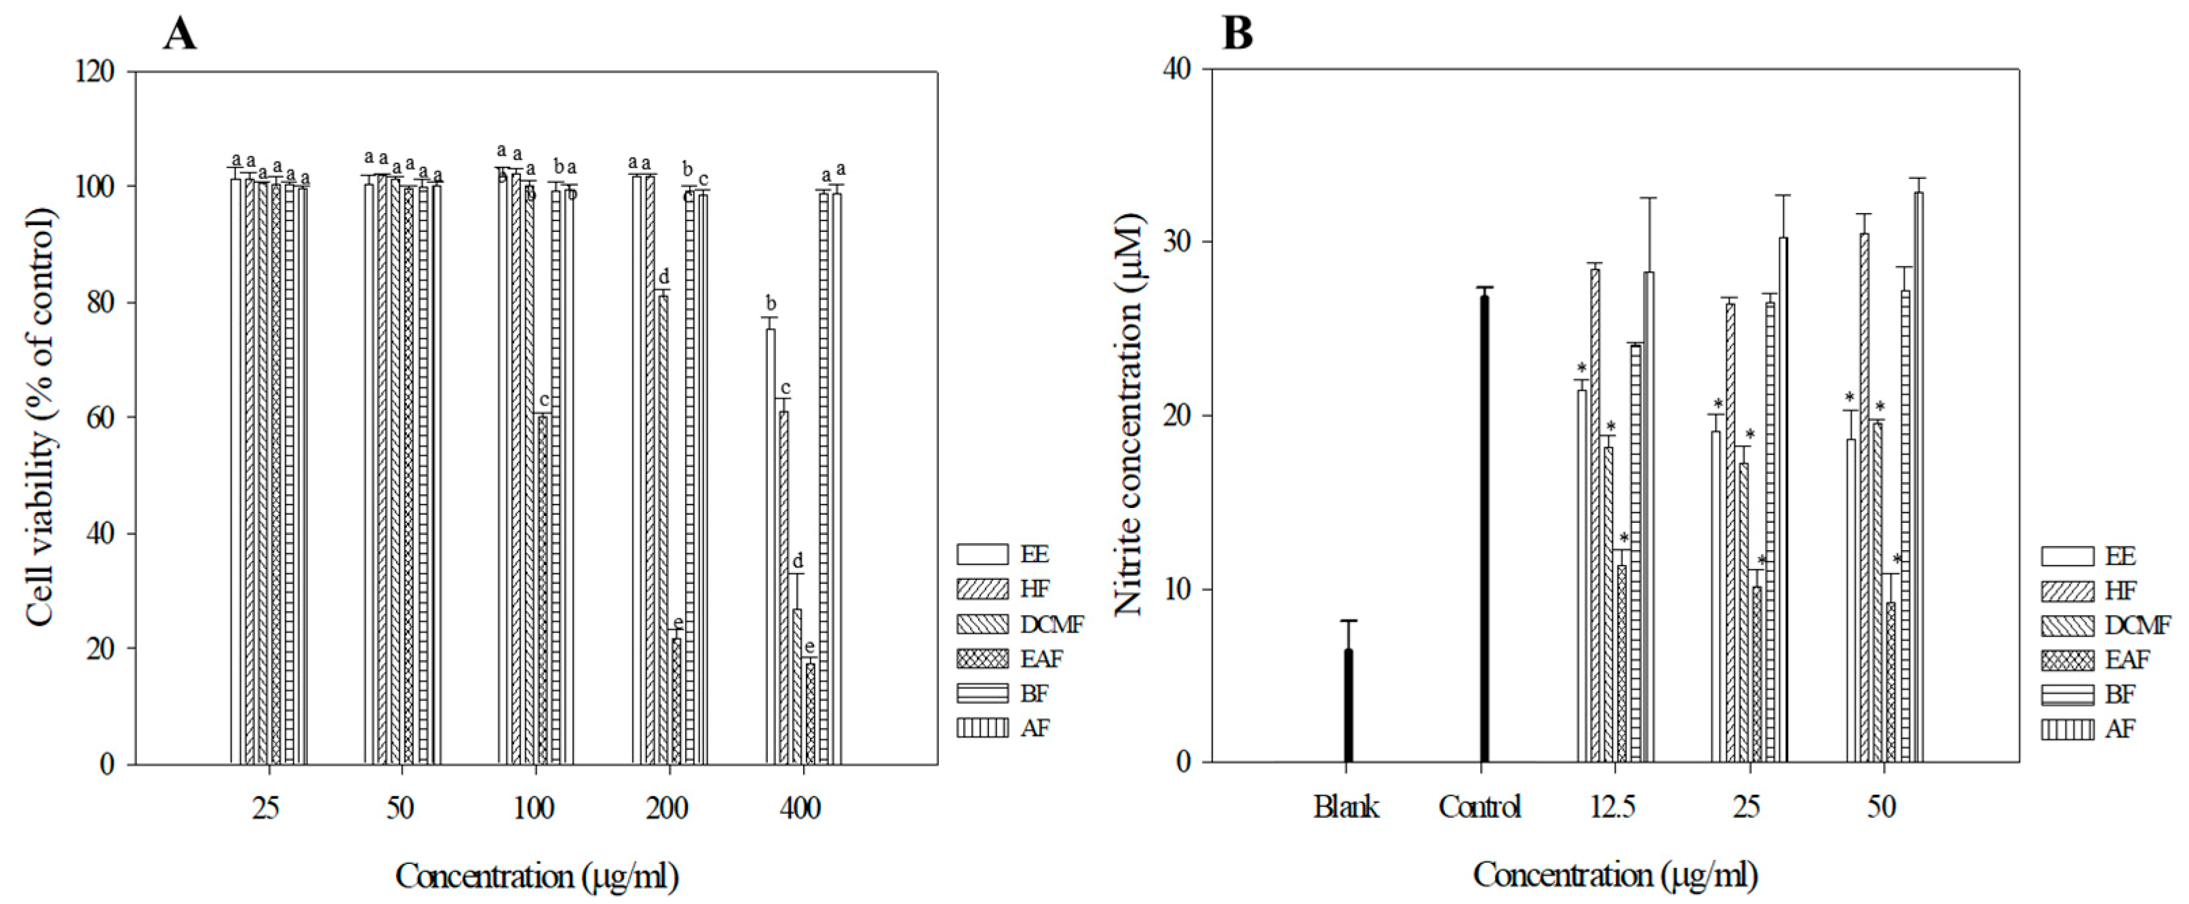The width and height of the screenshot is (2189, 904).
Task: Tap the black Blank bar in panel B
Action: point(1348,705)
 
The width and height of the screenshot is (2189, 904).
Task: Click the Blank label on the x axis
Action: point(1346,806)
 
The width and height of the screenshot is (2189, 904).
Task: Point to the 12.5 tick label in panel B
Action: point(1613,806)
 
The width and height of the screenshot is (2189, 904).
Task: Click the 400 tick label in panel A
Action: point(800,807)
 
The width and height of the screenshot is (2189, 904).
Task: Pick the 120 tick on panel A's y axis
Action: point(94,71)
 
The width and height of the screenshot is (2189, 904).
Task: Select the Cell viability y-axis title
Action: point(40,416)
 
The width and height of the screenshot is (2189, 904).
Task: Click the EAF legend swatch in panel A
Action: point(982,659)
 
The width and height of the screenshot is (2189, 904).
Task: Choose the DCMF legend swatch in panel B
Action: point(2068,625)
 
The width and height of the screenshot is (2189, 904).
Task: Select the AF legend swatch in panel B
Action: point(2068,729)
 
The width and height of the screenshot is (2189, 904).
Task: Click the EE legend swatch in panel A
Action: point(982,554)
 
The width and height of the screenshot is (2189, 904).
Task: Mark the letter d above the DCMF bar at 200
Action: point(663,276)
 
